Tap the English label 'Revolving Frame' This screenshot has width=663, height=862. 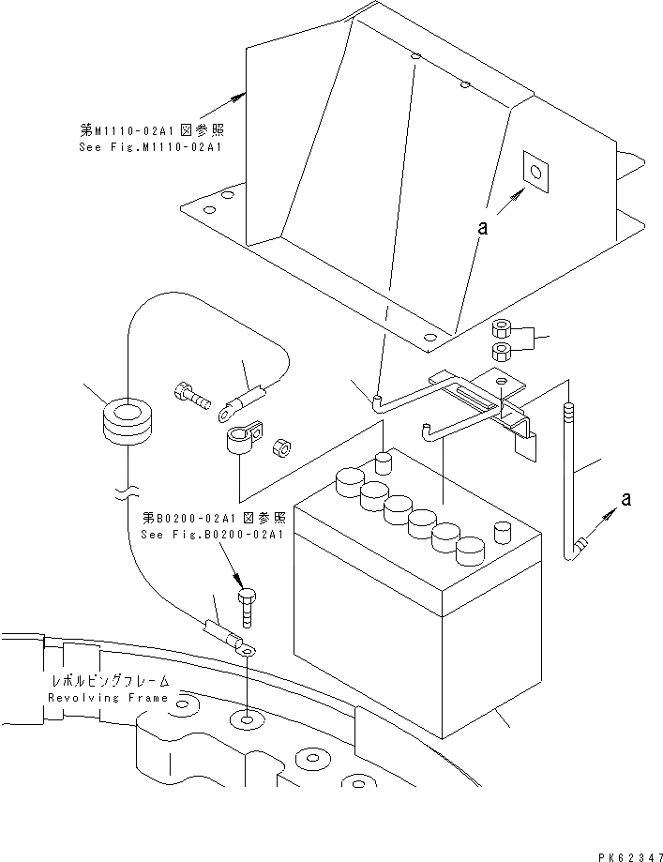point(109,698)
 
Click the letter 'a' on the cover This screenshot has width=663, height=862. point(484,227)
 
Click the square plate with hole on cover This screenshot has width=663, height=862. point(535,173)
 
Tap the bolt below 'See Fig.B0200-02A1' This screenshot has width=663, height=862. point(247,605)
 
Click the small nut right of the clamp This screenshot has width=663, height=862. point(279,446)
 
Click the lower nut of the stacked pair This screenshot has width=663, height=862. point(501,353)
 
